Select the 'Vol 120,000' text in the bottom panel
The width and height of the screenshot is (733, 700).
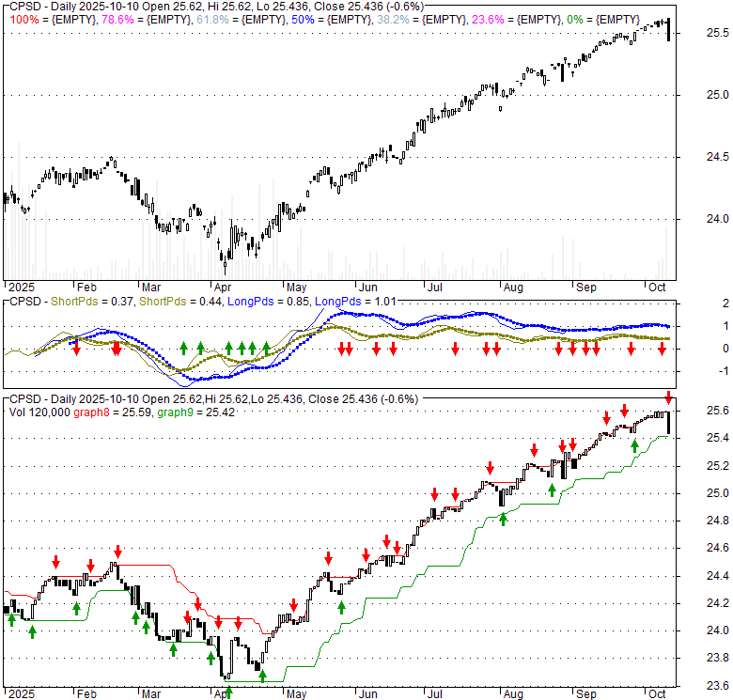coord(38,412)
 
